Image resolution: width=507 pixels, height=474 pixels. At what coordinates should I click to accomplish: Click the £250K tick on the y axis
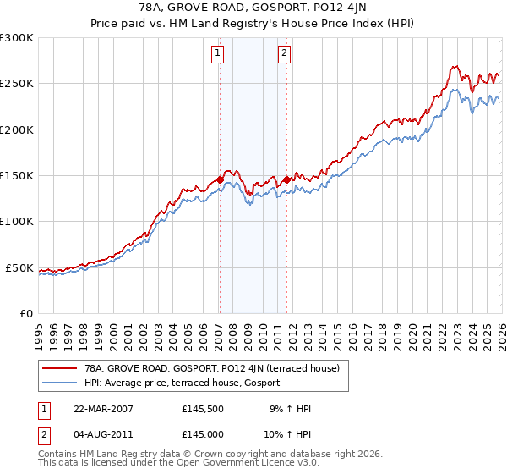pyautogui.click(x=17, y=84)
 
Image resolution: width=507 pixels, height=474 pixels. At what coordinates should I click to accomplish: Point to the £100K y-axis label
pyautogui.click(x=17, y=222)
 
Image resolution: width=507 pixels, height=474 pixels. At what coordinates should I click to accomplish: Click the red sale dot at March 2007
pyautogui.click(x=220, y=179)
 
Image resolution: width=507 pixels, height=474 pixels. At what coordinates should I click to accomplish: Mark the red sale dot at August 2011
pyautogui.click(x=286, y=179)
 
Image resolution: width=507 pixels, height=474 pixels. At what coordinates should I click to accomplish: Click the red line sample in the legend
pyautogui.click(x=60, y=368)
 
